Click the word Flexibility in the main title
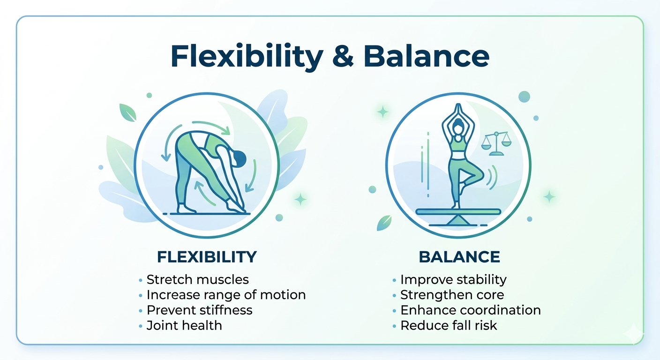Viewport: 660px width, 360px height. pos(246,57)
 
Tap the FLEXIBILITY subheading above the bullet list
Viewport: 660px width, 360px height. pos(207,257)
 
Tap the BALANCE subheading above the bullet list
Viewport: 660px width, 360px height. pos(459,257)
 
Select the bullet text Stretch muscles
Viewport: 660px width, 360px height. pos(197,280)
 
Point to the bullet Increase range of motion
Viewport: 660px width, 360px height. pos(226,295)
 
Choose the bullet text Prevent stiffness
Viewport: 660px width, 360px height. pos(199,310)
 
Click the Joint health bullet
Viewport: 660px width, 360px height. pos(184,325)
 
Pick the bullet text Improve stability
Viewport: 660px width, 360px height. pos(453,280)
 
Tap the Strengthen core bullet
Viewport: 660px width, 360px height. pos(452,295)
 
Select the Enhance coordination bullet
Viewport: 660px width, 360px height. pos(470,310)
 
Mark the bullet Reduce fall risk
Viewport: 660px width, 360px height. pos(449,325)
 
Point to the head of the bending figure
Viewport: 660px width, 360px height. pos(239,158)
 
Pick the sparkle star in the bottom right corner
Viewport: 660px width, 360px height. pos(634,332)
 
